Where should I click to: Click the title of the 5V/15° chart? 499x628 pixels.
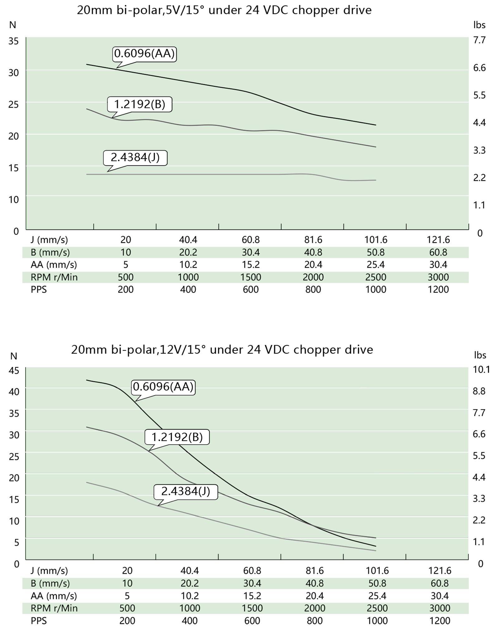coord(224,10)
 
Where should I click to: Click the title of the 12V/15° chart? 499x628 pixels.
coord(222,350)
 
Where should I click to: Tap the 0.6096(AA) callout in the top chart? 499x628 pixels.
coord(144,54)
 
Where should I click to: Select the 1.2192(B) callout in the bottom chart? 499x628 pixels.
coord(177,437)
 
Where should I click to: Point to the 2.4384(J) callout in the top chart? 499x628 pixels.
coord(135,157)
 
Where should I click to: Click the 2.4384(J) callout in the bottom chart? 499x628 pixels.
coord(186,491)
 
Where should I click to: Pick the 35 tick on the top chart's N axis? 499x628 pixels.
coord(13,41)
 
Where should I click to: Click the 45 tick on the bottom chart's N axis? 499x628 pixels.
coord(14,370)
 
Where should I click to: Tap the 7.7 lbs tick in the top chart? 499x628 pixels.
coord(479,40)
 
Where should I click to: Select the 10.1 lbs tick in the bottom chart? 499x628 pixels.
coord(481,370)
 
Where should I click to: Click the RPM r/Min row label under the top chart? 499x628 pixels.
coord(54,277)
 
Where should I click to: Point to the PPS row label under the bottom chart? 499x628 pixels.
coord(39,621)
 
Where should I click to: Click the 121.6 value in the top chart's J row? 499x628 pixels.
coord(438,240)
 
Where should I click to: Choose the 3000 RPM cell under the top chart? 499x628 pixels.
coord(438,277)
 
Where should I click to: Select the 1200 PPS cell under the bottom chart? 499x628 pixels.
coord(439,621)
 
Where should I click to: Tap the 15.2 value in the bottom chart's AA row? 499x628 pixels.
coord(252,596)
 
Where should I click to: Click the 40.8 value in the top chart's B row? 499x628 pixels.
coord(313,252)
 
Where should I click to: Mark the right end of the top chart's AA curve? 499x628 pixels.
coord(376,125)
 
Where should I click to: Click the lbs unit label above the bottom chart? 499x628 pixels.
coord(480,355)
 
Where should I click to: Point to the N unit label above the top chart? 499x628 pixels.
coord(12,25)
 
